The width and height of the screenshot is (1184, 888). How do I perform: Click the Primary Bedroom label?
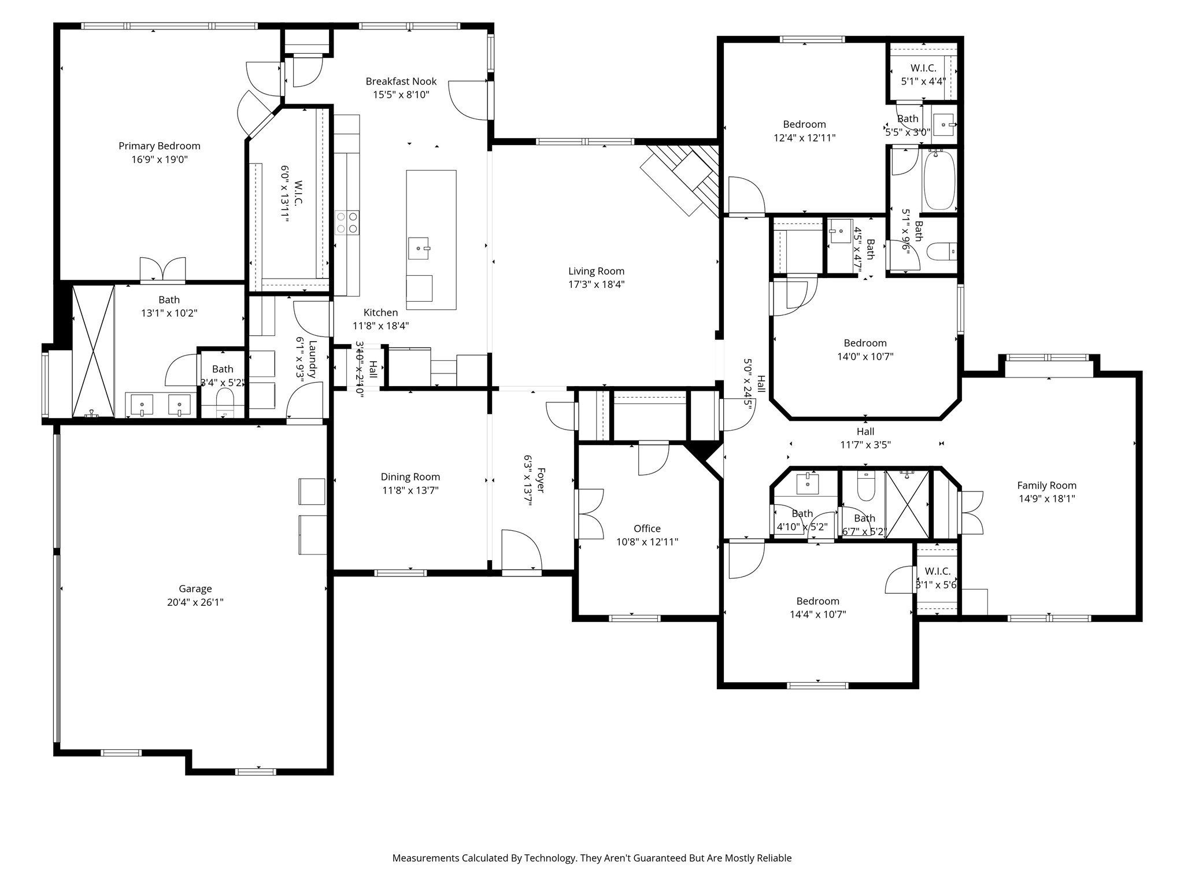tap(160, 146)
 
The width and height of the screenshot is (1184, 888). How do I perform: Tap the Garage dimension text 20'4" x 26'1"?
tap(195, 602)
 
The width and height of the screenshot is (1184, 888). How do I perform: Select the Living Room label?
tap(596, 271)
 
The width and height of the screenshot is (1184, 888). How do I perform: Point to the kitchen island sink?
tap(419, 248)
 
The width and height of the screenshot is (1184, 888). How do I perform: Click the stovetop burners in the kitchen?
tap(347, 223)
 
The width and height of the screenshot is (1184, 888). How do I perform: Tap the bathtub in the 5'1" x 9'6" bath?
tap(939, 180)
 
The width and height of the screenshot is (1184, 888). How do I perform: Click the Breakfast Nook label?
tap(401, 82)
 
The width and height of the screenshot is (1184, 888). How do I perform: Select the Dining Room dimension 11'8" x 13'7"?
tap(410, 491)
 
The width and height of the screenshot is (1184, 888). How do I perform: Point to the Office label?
tap(647, 528)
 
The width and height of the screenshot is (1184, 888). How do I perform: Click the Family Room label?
tap(1047, 486)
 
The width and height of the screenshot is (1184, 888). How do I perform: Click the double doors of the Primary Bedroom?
tap(163, 270)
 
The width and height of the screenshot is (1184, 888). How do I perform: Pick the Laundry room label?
tap(313, 360)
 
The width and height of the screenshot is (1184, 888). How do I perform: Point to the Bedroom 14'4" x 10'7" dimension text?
tap(818, 615)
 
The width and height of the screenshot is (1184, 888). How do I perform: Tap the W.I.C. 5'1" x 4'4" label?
tap(923, 68)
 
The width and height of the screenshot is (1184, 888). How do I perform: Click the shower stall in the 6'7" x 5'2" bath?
tap(907, 505)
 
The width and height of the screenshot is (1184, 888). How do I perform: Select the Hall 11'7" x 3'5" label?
tap(865, 431)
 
